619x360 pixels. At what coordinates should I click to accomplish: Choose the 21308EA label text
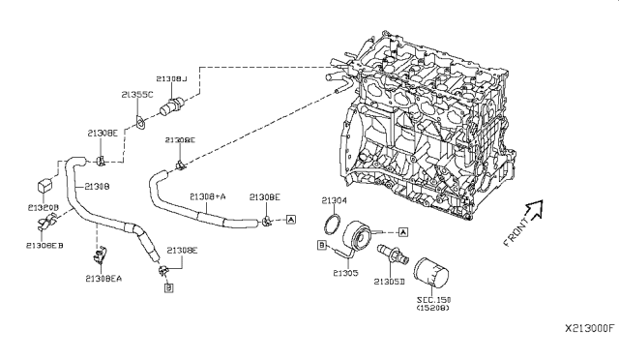click(x=103, y=278)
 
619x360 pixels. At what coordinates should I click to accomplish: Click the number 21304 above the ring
click(x=333, y=200)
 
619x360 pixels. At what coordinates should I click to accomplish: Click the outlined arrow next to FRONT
click(x=534, y=207)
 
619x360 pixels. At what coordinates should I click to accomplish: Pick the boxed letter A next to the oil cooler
click(x=403, y=230)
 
